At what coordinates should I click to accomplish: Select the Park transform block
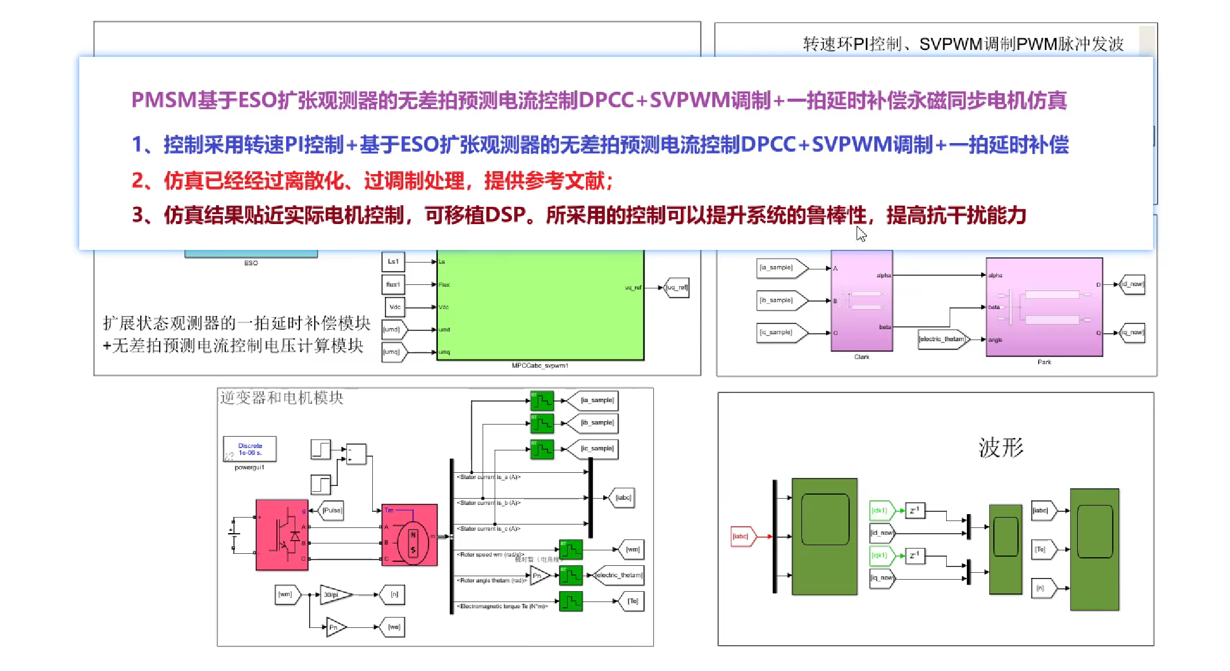[1044, 307]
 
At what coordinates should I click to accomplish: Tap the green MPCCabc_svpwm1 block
[540, 304]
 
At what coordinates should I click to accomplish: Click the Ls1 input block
[393, 261]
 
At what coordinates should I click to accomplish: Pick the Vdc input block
[395, 307]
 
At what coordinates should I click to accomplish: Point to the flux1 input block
[393, 284]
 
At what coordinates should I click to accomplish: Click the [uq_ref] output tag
[676, 287]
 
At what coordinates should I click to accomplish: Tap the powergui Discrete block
[250, 449]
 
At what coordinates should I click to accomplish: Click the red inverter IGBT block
[282, 534]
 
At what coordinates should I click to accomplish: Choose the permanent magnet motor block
[410, 535]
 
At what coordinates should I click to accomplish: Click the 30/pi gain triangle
[334, 595]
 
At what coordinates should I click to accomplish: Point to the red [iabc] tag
[741, 537]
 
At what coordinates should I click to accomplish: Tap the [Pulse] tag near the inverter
[331, 510]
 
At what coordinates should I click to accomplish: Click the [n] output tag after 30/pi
[394, 595]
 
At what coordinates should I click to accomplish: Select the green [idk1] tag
[880, 510]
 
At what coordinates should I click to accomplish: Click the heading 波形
[1001, 448]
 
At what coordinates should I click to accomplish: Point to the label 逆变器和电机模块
[282, 398]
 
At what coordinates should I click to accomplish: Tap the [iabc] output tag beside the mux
[622, 498]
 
